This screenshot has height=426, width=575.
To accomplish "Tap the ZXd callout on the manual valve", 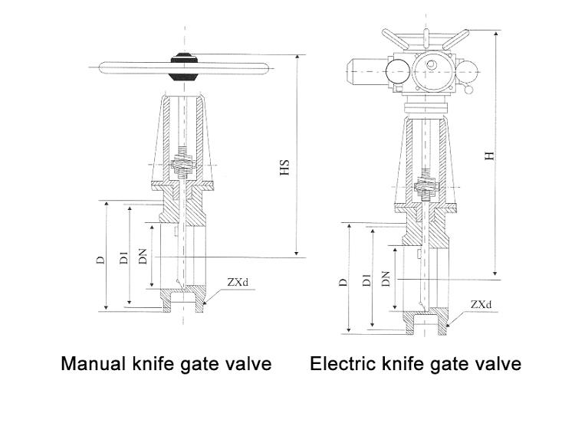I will pyautogui.click(x=238, y=283).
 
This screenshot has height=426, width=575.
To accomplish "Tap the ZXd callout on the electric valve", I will pyautogui.click(x=481, y=304).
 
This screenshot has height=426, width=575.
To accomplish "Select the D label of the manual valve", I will pyautogui.click(x=100, y=259).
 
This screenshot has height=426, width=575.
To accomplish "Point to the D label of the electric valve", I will pyautogui.click(x=343, y=282).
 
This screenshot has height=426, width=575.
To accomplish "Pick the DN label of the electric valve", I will pyautogui.click(x=386, y=281).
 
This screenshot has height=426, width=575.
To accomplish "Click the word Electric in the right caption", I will pyautogui.click(x=340, y=363).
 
